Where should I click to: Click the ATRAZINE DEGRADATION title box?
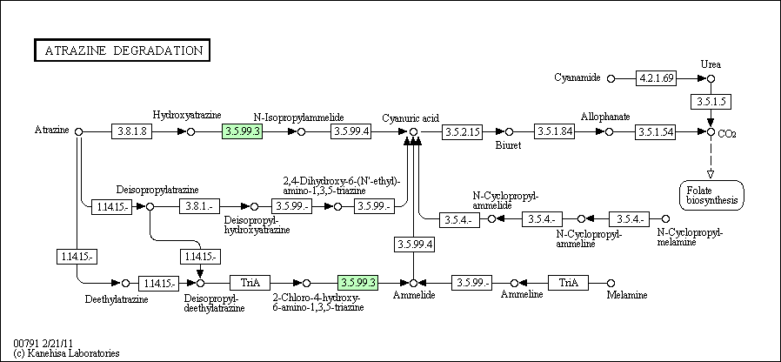[122, 50]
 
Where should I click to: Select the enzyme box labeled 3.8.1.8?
[131, 131]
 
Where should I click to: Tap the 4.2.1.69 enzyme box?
[656, 78]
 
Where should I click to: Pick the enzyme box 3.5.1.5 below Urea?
[711, 102]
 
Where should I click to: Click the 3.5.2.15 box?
[462, 131]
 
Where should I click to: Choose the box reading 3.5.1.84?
[554, 131]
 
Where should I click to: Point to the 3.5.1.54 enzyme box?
[656, 131]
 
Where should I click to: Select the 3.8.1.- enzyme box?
[200, 206]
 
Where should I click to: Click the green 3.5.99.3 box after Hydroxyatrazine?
[242, 131]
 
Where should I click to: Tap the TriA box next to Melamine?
[568, 283]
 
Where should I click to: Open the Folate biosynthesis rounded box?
[711, 195]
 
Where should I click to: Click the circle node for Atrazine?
[78, 131]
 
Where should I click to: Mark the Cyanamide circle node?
[611, 78]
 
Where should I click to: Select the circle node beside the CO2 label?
[711, 131]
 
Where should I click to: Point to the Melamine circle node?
[611, 283]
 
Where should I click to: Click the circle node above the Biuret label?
[509, 131]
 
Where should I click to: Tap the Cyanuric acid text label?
[411, 118]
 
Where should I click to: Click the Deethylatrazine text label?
[117, 299]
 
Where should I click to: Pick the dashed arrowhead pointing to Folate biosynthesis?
[711, 174]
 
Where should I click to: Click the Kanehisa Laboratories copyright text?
[67, 353]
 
